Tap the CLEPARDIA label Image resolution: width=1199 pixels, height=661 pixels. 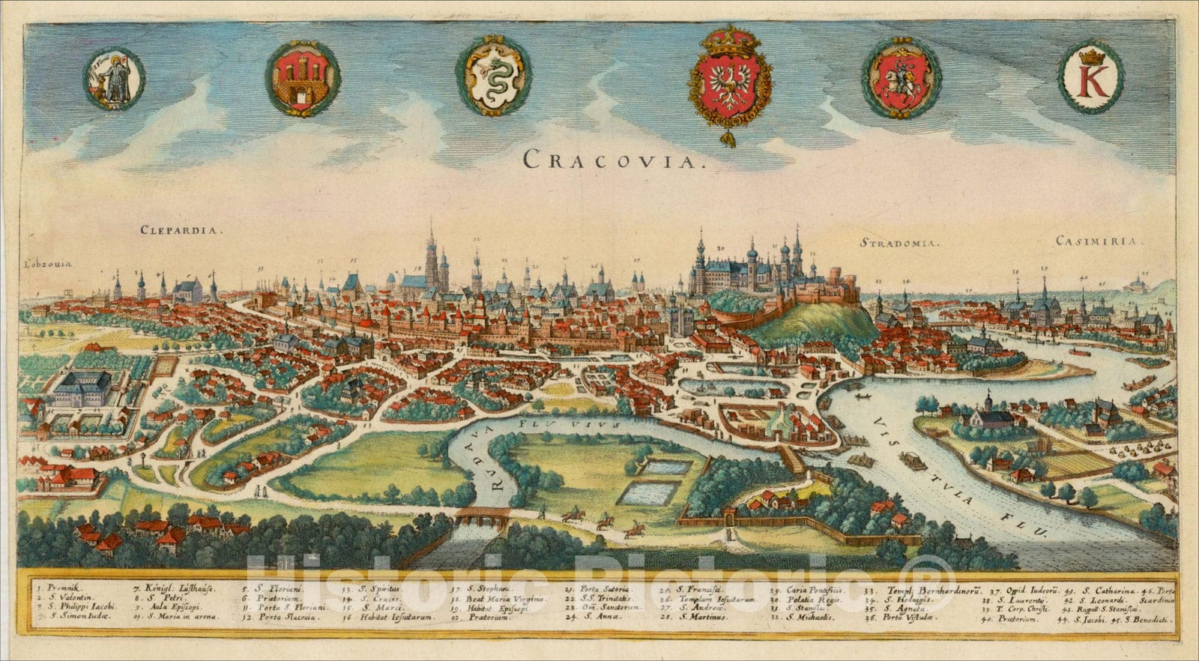(x=181, y=231)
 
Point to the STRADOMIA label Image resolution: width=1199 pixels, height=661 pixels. (x=899, y=243)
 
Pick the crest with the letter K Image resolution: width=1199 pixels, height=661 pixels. (x=1090, y=77)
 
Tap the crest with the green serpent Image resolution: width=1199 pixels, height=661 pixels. (x=494, y=76)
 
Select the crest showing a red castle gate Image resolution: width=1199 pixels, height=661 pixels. (x=303, y=78)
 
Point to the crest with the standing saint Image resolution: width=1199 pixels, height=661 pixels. (x=115, y=79)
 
